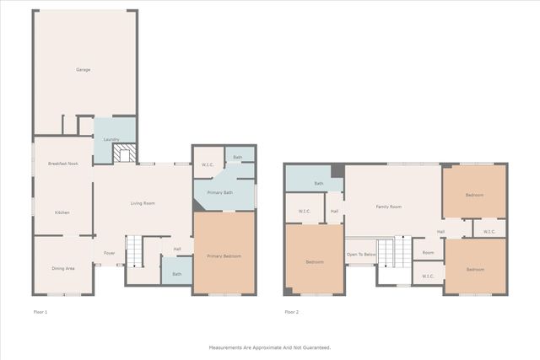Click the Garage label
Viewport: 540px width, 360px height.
point(83,69)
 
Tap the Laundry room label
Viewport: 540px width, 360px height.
point(111,139)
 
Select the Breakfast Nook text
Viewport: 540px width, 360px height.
point(62,163)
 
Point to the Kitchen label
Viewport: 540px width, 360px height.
point(62,212)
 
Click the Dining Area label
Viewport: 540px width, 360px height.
point(63,268)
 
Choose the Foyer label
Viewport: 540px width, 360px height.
point(110,253)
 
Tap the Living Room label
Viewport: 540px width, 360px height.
point(142,203)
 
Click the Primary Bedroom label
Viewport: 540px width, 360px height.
point(224,255)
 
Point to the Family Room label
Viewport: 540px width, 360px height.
point(388,207)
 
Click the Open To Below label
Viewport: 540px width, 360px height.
point(360,254)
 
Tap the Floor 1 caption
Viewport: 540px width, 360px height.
point(40,312)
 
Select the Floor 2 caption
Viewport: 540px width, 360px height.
point(291,312)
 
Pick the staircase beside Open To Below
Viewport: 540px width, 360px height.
point(386,252)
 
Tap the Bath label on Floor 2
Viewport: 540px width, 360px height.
point(319,183)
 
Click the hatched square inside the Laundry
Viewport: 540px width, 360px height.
point(124,153)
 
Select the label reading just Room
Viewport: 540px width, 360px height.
point(428,253)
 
